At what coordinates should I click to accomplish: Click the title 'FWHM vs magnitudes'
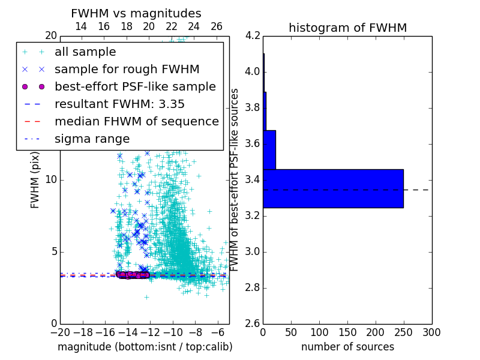coord(136,13)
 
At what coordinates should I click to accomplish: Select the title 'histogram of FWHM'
coord(347,28)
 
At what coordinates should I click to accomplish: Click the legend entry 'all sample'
coord(85,52)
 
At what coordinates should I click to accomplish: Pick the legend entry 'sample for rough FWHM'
coord(127,69)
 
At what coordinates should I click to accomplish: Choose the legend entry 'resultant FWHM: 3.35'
coord(119,104)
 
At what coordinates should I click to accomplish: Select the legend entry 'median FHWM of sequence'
coord(136,121)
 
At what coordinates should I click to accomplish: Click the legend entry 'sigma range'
coord(92,139)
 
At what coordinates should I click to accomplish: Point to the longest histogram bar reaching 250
coord(333,188)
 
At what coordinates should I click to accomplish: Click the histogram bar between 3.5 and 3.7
coord(269,149)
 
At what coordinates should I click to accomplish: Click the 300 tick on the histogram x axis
coord(431,332)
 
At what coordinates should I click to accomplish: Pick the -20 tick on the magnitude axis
coord(60,332)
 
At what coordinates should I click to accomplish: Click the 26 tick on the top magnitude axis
coord(217,26)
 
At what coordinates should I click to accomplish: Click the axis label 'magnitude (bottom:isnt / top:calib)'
coord(145,347)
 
